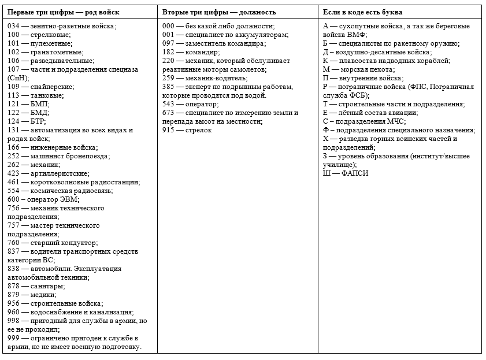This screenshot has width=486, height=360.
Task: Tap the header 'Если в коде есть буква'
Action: coord(362,12)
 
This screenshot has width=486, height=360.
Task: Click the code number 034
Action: coord(13,26)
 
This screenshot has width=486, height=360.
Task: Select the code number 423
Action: coord(13,173)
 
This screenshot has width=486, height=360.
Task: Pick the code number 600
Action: coord(13,199)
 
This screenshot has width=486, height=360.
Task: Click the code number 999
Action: coord(13,338)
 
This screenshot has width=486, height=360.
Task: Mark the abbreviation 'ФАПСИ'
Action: coord(355,173)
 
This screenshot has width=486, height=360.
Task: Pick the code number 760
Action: coord(13,243)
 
